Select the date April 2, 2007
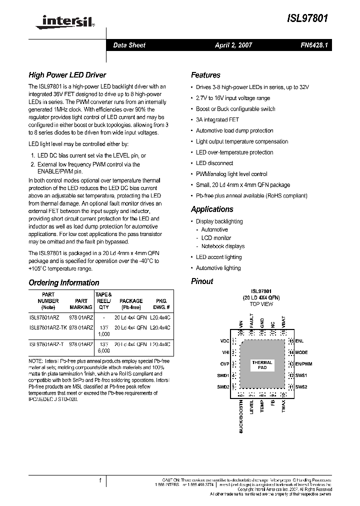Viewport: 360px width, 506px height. [x=233, y=45]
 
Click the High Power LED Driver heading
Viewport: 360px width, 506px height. [x=67, y=75]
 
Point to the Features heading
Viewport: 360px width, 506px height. [x=205, y=75]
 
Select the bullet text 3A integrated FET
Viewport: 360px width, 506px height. [x=217, y=120]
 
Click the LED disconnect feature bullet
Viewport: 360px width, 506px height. [x=214, y=163]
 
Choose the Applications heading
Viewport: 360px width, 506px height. [x=212, y=209]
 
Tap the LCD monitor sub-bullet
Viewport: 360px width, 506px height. [x=216, y=238]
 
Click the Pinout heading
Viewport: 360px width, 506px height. [x=202, y=281]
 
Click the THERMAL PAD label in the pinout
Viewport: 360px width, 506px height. [x=262, y=364]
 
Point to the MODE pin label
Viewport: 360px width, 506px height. [x=301, y=352]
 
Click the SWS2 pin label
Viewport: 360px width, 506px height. [x=301, y=386]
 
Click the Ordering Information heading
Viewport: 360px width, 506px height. [x=63, y=282]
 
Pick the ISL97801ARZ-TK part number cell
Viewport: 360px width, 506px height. [x=48, y=327]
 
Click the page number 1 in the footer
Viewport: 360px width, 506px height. [x=100, y=480]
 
